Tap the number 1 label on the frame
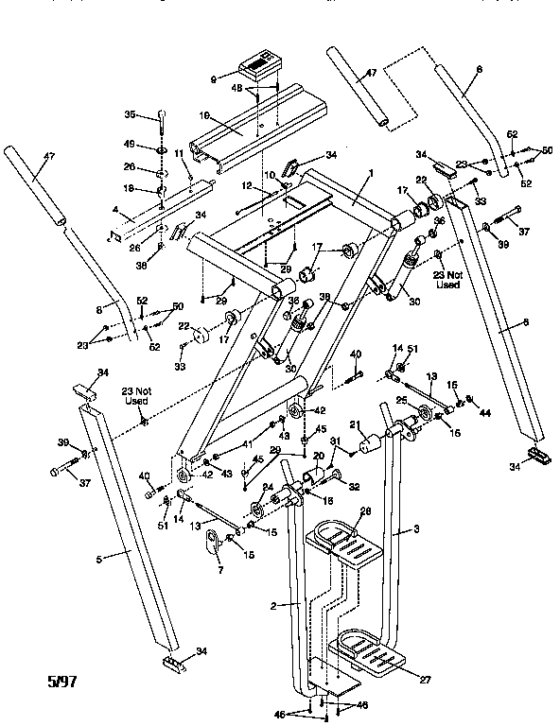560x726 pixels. coord(372,174)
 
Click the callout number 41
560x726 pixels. coord(219,442)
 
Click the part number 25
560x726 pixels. coord(400,401)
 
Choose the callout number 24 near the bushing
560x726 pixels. coord(269,488)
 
